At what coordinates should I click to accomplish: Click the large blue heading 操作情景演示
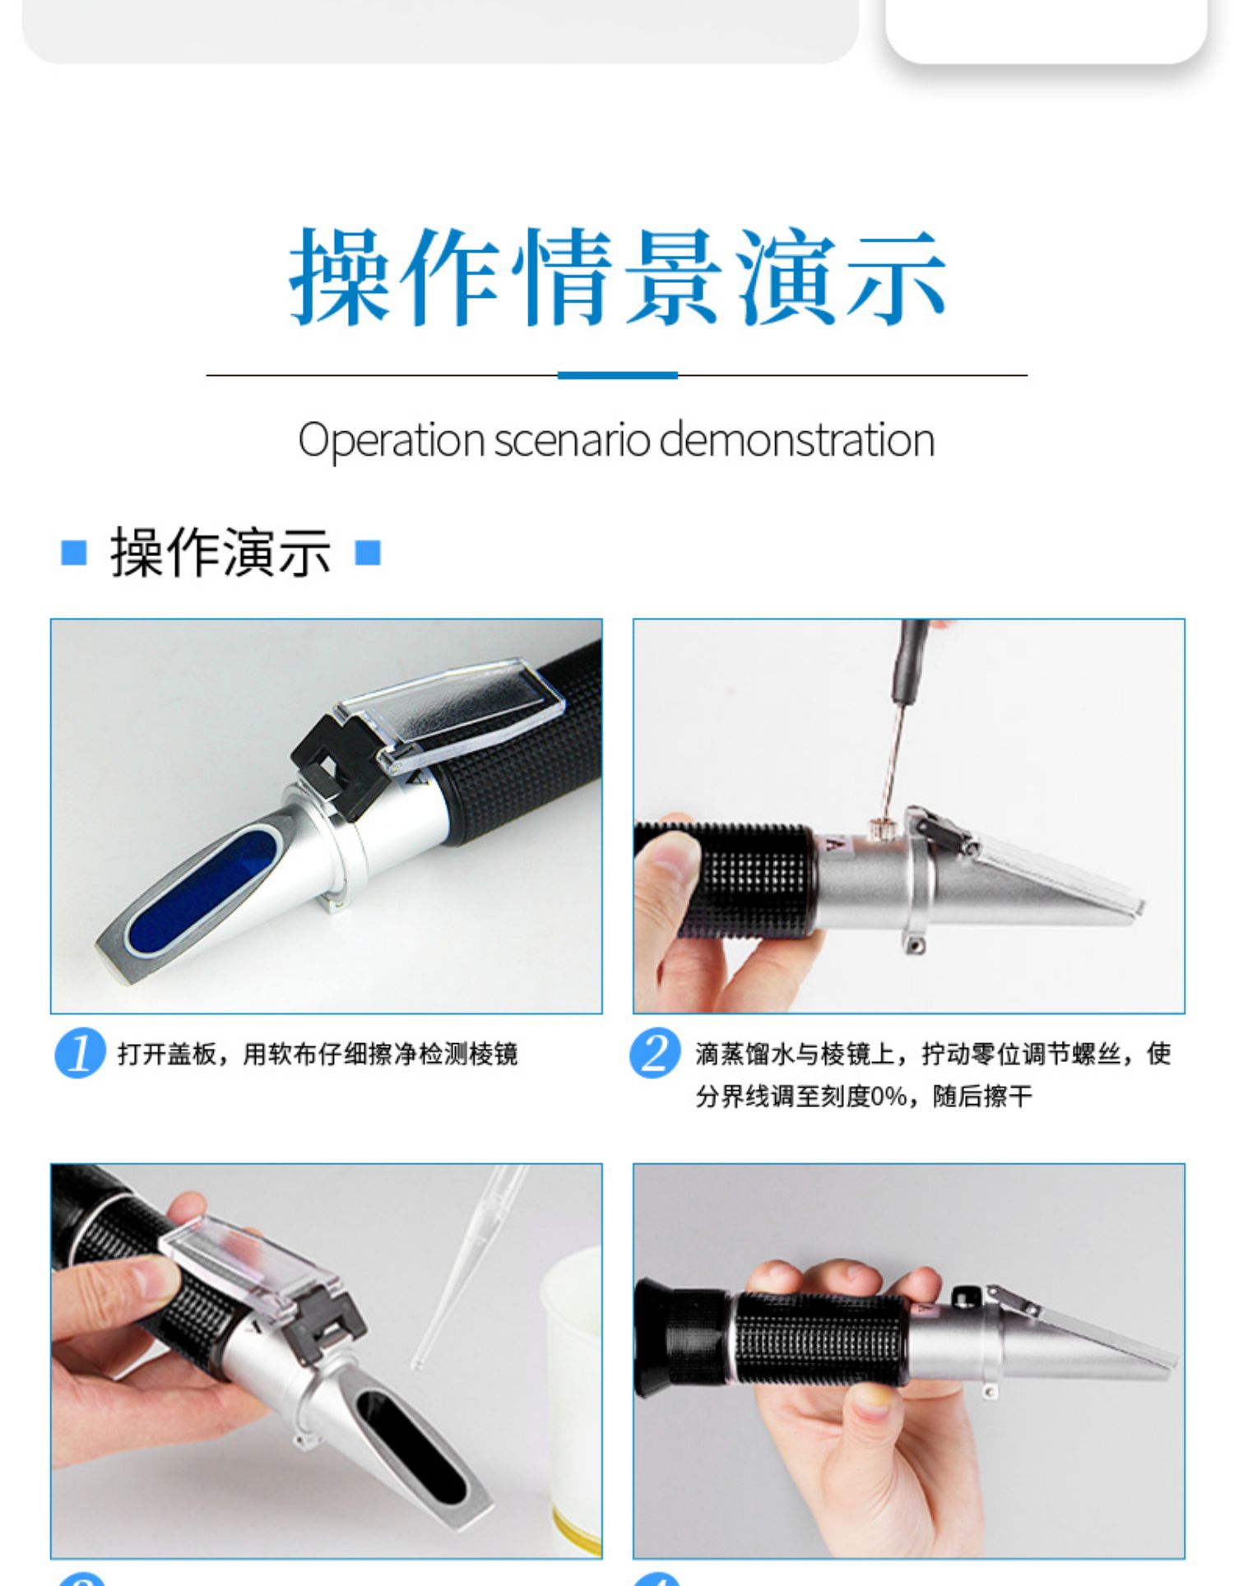coord(617,277)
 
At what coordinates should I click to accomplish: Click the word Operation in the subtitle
coord(392,441)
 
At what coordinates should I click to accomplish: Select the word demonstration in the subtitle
coord(797,439)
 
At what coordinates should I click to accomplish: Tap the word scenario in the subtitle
coord(572,440)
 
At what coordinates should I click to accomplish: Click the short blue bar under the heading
coord(617,375)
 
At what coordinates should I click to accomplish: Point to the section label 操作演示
coord(220,552)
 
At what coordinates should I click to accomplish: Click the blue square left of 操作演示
coord(74,552)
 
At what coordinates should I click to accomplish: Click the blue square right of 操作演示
coord(368,552)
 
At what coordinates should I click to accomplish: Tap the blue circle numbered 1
coord(80,1052)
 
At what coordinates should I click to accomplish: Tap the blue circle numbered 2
coord(655,1052)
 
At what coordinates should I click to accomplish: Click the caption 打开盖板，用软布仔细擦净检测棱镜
coord(318,1053)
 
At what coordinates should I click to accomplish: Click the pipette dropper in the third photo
coord(470,1267)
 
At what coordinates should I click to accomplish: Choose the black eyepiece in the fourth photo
coord(680,1337)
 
